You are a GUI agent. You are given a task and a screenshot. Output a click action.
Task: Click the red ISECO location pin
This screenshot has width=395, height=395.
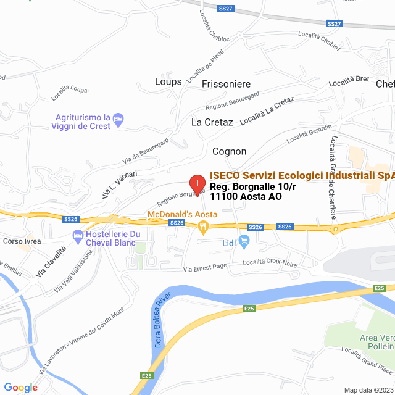coord(196,183)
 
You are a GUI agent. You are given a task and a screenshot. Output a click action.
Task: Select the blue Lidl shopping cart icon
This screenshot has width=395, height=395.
coord(243,242)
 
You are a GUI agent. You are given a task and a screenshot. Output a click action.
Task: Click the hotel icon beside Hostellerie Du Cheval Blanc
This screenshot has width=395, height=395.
coord(78,235)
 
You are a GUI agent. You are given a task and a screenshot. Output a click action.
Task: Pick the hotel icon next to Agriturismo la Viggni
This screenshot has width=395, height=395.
coord(120,117)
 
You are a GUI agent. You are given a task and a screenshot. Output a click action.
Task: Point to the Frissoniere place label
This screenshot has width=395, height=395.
coord(226,83)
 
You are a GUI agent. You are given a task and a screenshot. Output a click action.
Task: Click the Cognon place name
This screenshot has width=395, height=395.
coord(230,151)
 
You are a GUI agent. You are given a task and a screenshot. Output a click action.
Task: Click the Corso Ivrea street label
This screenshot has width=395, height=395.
coord(22,241)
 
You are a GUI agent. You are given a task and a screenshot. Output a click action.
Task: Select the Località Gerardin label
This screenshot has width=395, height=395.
coord(309,134)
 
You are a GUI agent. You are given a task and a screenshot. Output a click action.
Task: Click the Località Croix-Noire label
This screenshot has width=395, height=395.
coord(270,262)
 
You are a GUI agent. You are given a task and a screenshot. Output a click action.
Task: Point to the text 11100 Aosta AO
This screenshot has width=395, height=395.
coord(246,197)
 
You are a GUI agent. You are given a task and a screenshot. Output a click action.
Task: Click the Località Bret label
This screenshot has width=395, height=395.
coord(349,81)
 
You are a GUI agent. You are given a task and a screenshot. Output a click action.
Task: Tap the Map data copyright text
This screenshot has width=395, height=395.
coord(368,390)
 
